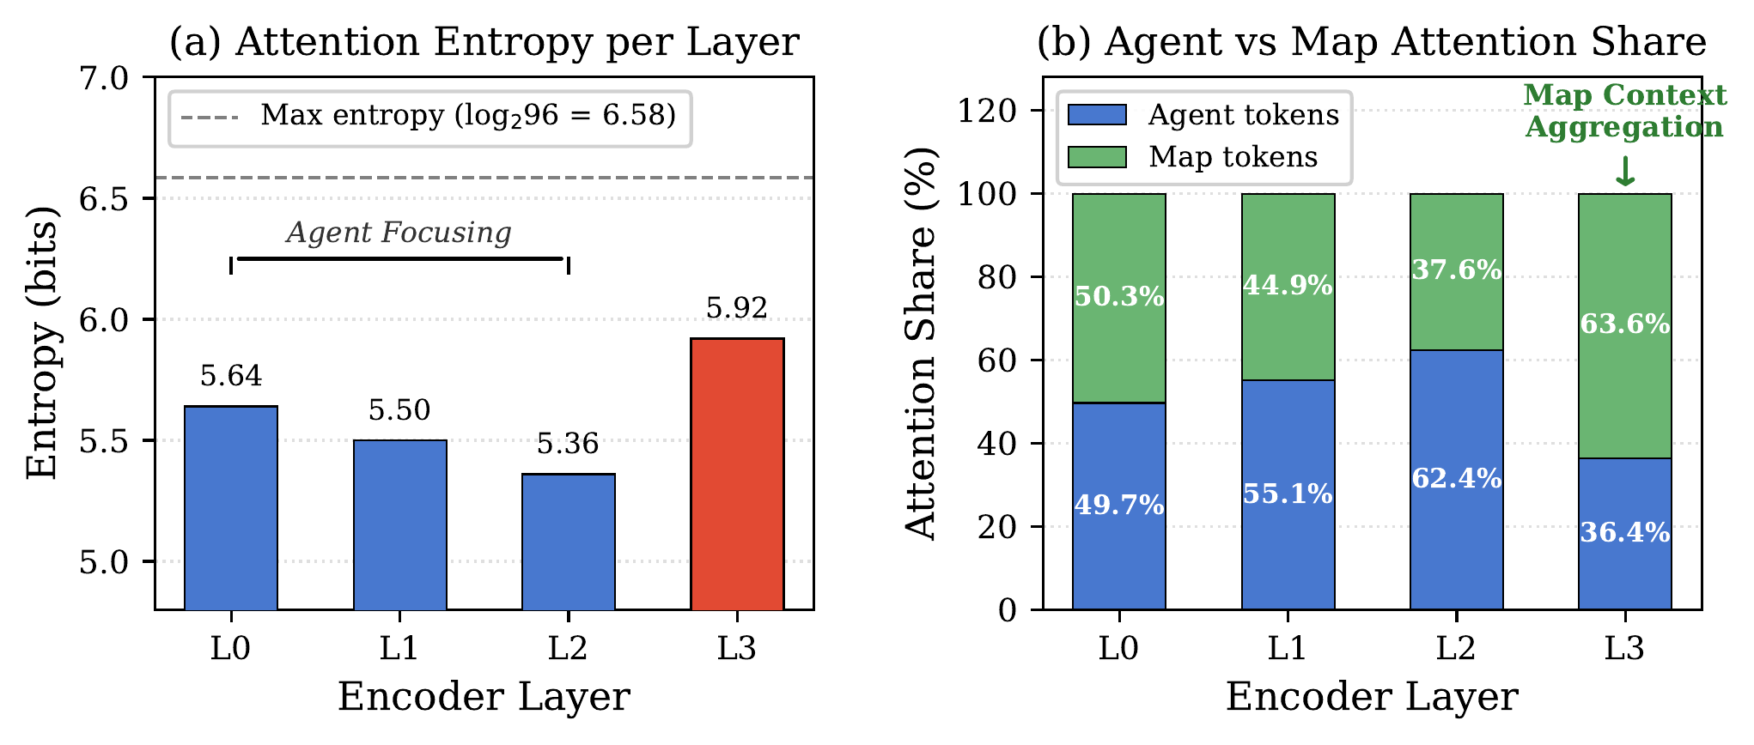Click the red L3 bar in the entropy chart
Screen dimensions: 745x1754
click(737, 474)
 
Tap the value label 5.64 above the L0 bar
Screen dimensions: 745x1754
click(231, 376)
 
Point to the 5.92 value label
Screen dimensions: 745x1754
click(737, 308)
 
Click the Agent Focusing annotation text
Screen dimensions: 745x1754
click(399, 233)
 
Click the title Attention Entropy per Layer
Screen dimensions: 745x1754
click(484, 41)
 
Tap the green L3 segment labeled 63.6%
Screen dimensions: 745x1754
click(1624, 324)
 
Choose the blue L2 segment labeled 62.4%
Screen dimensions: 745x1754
click(1456, 478)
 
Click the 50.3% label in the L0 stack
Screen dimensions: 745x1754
click(1119, 297)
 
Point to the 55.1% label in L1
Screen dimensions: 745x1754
click(1288, 494)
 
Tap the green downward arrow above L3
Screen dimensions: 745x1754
click(1624, 172)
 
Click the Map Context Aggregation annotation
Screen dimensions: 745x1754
click(1624, 111)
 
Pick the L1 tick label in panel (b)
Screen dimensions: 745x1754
click(1288, 647)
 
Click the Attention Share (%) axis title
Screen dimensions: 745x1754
click(921, 342)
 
